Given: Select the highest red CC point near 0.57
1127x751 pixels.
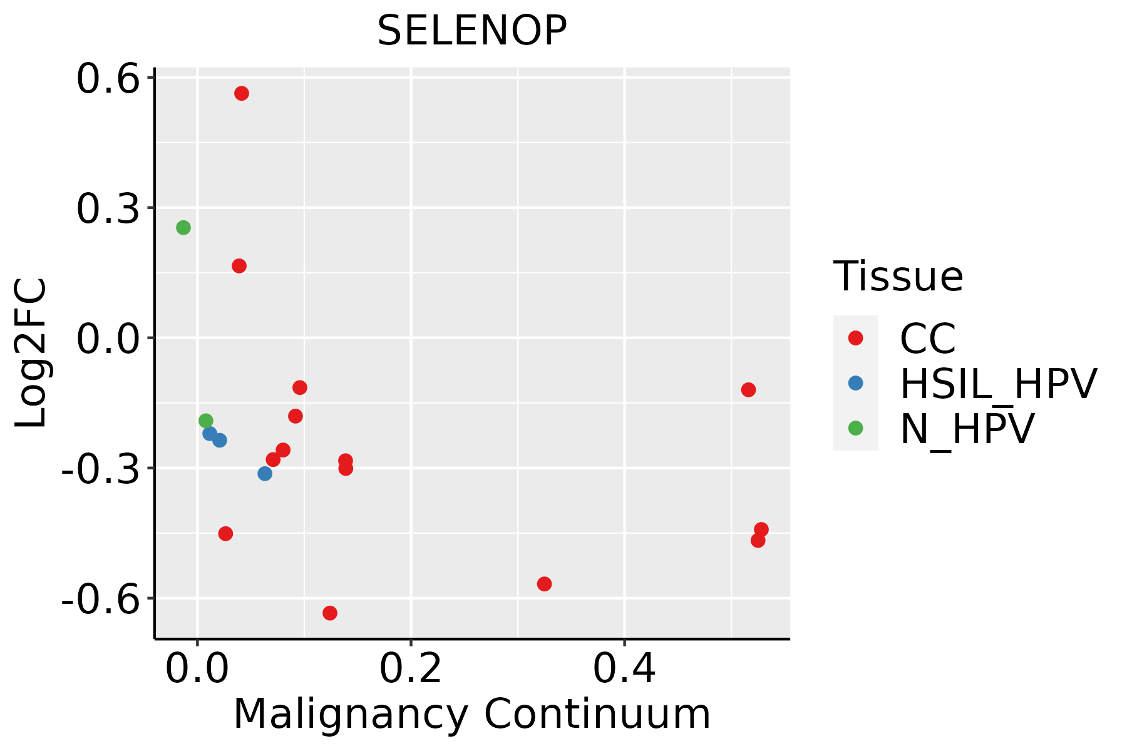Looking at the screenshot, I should (242, 93).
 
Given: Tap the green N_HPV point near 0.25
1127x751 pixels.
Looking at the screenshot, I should (183, 227).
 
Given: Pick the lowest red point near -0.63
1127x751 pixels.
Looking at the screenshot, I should (330, 613).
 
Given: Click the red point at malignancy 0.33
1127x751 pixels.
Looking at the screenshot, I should (545, 584).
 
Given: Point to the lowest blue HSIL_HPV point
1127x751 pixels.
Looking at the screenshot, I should (265, 474).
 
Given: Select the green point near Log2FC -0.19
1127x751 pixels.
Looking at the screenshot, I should (206, 421).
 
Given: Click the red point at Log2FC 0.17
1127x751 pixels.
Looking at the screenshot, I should (239, 266).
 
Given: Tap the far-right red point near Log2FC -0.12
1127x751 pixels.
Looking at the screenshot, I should (748, 390).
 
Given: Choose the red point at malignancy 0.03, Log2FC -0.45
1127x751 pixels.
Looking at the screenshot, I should (226, 533).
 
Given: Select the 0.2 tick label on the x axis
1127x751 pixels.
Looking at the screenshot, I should (411, 670).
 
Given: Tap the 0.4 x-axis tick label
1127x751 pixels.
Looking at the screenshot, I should (624, 670).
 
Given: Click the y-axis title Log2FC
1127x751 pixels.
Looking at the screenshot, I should (31, 353).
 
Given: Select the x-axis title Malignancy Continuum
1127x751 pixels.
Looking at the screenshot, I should (471, 715).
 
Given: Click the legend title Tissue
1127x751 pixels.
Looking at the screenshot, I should (898, 277).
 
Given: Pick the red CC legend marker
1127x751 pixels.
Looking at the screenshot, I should (855, 338).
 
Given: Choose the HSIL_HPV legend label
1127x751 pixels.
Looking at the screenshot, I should (998, 383).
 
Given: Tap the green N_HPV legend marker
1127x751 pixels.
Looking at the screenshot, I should (855, 428).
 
